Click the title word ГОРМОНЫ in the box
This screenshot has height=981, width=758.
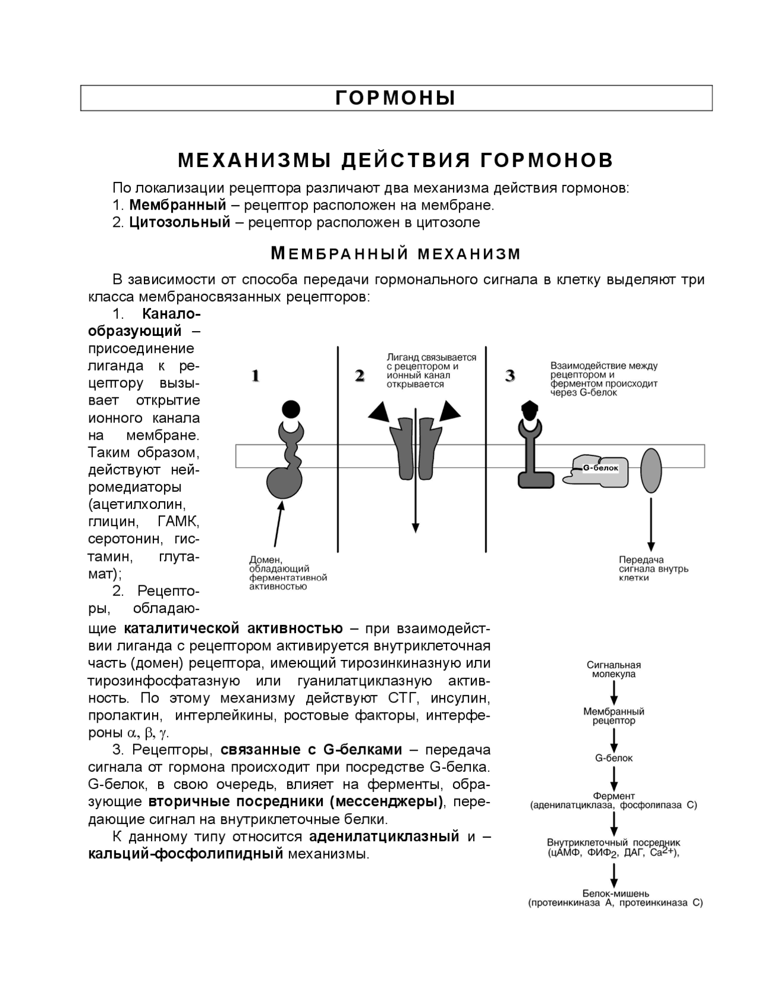[x=396, y=98]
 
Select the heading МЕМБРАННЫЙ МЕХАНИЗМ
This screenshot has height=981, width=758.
[x=396, y=254]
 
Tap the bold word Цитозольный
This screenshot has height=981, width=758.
[x=179, y=223]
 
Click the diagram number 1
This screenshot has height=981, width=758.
[x=255, y=376]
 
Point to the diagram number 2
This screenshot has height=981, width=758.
[x=359, y=376]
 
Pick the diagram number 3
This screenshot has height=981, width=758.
[x=510, y=376]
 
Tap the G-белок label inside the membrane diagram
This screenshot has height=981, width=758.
[x=600, y=468]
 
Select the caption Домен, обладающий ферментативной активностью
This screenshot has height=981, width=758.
[x=288, y=573]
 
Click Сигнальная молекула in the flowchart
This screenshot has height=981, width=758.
[x=614, y=669]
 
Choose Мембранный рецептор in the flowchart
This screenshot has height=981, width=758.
[x=614, y=716]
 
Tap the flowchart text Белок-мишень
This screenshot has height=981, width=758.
[x=616, y=893]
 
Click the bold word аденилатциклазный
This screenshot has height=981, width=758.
[x=384, y=836]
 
